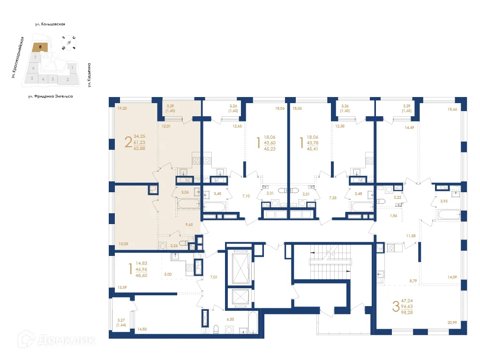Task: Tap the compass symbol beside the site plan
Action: tap(69, 43)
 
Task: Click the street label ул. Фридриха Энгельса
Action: tap(50, 96)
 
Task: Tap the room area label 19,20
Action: tap(122, 108)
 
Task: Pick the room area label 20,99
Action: tap(452, 322)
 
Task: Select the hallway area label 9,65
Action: tap(189, 225)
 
